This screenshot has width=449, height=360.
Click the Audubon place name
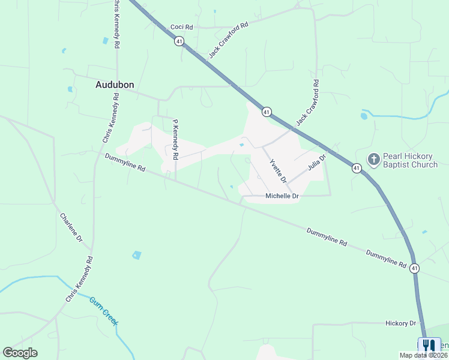pyautogui.click(x=115, y=85)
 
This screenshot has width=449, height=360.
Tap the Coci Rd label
pyautogui.click(x=181, y=27)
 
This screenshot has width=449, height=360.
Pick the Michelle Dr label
pyautogui.click(x=282, y=196)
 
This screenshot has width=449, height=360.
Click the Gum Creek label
pyautogui.click(x=104, y=311)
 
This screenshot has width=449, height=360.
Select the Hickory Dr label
pyautogui.click(x=400, y=323)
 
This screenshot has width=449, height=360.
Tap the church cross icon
pyautogui.click(x=373, y=159)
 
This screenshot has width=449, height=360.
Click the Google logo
pyautogui.click(x=20, y=353)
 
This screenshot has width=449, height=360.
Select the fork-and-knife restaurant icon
pyautogui.click(x=428, y=346)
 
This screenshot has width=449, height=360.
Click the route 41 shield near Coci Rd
pyautogui.click(x=179, y=41)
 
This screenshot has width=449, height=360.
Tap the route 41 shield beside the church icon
pyautogui.click(x=357, y=168)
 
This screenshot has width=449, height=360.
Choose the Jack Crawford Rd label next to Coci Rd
pyautogui.click(x=228, y=41)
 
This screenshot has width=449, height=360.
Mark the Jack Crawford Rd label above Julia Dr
pyautogui.click(x=307, y=103)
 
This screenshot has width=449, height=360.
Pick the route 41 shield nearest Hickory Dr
pyautogui.click(x=414, y=269)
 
